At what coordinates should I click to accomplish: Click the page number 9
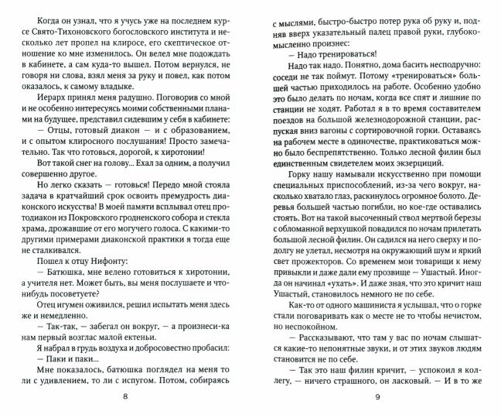(377, 398)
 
